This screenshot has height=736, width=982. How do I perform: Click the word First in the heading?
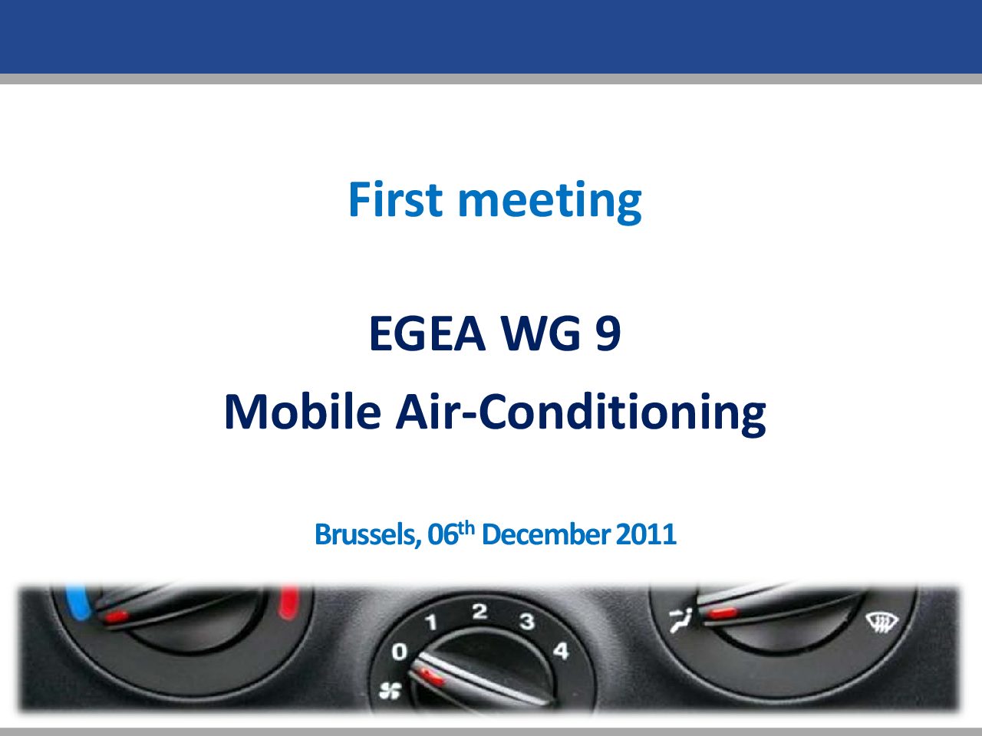[395, 199]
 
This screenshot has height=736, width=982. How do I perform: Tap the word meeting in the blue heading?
[550, 202]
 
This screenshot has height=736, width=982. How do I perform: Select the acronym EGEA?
[427, 333]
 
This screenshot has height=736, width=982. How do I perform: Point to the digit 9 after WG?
[608, 333]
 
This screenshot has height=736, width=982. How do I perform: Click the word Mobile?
[302, 412]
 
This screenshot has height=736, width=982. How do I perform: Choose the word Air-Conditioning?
[581, 414]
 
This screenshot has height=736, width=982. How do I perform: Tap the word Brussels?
[367, 535]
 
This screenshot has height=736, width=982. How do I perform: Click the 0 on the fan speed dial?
[400, 652]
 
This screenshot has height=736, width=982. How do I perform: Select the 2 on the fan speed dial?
[479, 611]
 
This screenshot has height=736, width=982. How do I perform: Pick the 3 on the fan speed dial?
[527, 621]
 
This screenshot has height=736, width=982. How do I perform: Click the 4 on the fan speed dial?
[561, 651]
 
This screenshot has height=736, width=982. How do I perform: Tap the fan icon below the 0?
[390, 692]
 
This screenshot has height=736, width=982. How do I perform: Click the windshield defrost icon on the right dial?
[881, 622]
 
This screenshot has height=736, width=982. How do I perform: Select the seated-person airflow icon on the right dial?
[680, 621]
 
